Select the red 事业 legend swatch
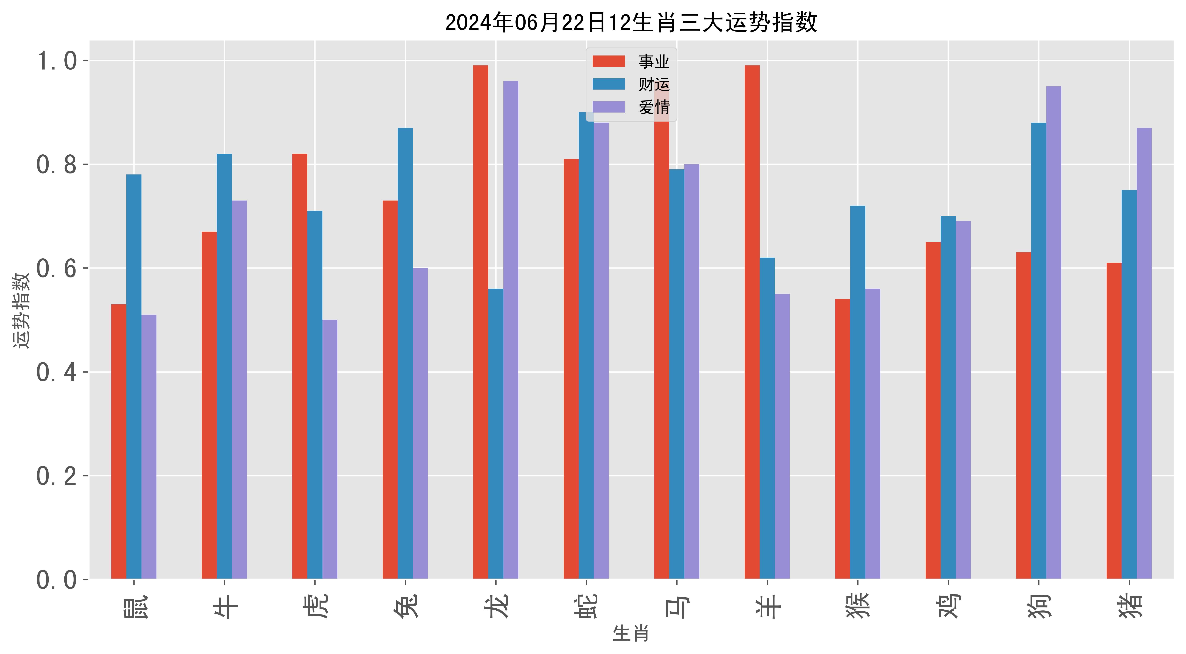click(608, 61)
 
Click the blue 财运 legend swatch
click(608, 84)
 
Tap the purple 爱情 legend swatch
click(608, 107)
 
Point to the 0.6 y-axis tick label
click(56, 268)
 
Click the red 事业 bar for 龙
click(481, 322)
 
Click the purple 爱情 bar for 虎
click(330, 449)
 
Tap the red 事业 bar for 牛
click(209, 405)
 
